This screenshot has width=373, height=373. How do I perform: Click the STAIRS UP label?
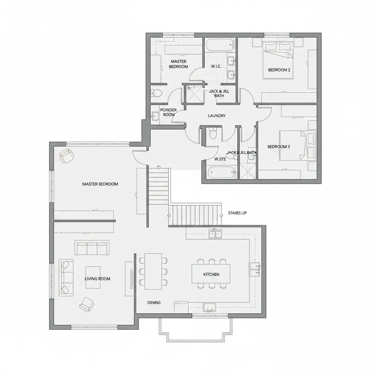coord(237,213)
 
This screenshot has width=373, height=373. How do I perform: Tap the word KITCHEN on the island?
coord(211,274)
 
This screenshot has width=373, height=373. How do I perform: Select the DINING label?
coord(154,303)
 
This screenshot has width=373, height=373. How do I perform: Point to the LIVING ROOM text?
coord(97,279)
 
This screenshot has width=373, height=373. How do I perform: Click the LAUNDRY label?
coord(217,116)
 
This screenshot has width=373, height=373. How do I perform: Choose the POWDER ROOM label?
coord(168,112)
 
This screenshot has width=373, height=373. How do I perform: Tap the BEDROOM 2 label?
coord(279,70)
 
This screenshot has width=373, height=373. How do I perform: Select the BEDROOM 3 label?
coord(279,147)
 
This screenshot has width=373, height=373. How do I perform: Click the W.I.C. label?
coord(216,66)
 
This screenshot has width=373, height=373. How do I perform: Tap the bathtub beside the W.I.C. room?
coord(219,46)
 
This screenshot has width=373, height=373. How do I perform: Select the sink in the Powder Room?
coord(156,117)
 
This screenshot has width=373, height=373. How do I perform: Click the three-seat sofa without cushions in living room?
coord(92,248)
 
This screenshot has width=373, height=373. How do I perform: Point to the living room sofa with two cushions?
coord(66,277)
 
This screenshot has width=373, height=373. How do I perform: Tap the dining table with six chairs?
coord(153,271)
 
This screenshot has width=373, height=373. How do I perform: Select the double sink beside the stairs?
coord(215,233)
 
